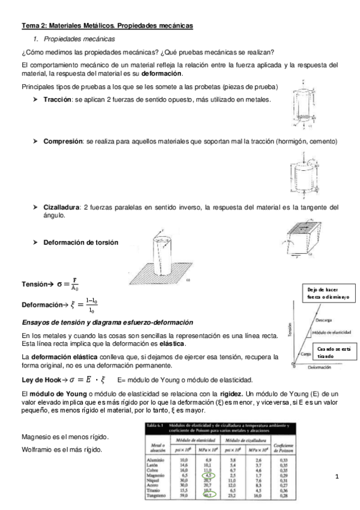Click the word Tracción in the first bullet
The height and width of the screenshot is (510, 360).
point(58,99)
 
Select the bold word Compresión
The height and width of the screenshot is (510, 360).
point(63,141)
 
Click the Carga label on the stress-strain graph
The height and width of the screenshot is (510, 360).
point(306,354)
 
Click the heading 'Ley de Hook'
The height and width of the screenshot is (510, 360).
point(42,379)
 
